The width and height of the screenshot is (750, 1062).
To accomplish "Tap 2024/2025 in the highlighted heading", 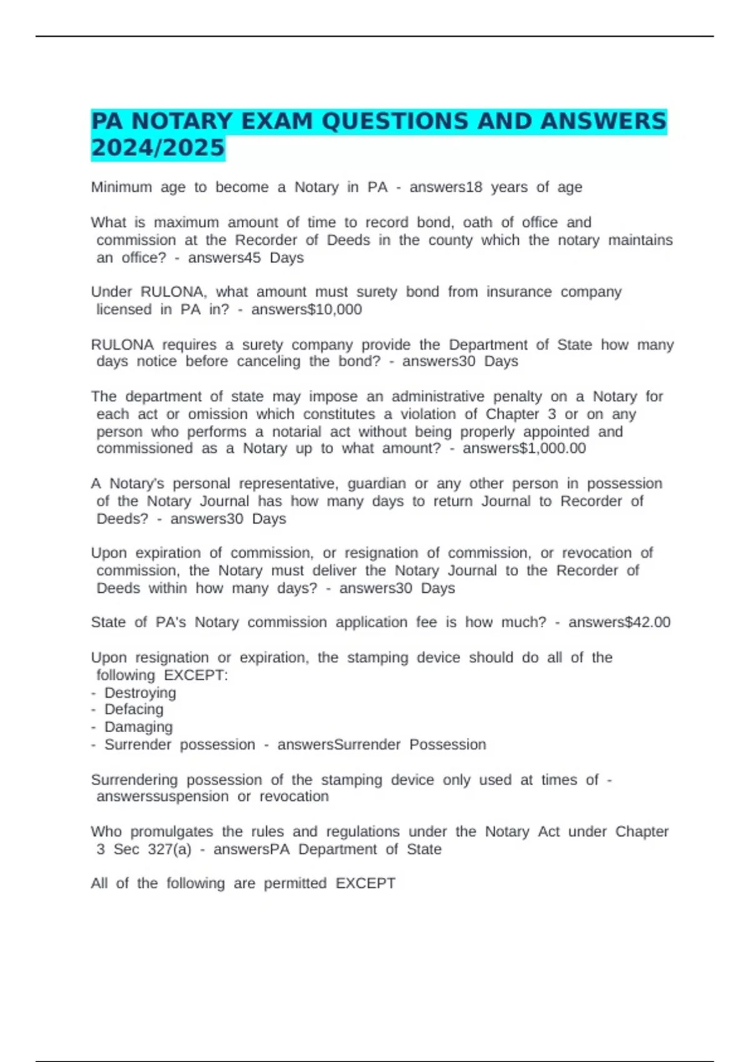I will (x=157, y=148).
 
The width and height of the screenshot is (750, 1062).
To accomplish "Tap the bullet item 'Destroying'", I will (x=140, y=693).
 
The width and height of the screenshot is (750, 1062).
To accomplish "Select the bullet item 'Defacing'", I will (x=134, y=710).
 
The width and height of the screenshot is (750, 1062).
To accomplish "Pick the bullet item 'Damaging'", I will (x=138, y=727).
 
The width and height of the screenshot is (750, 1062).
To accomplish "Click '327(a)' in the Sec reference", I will (x=176, y=850).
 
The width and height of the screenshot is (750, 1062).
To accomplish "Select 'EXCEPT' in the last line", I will (x=366, y=883).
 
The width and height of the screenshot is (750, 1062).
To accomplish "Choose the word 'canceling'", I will (x=268, y=362).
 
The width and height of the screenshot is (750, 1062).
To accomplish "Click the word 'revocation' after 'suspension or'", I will (x=294, y=797).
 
